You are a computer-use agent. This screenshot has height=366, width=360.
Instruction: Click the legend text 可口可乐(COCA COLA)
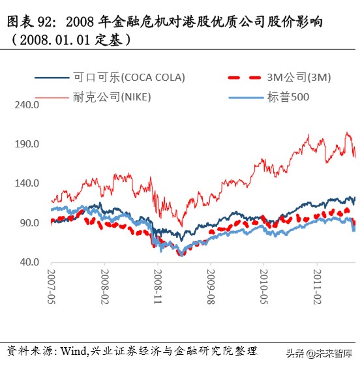tap(129, 77)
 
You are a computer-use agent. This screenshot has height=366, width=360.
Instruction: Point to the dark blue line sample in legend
tap(52, 77)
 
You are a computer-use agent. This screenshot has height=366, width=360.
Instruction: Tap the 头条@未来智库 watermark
tap(318, 353)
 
